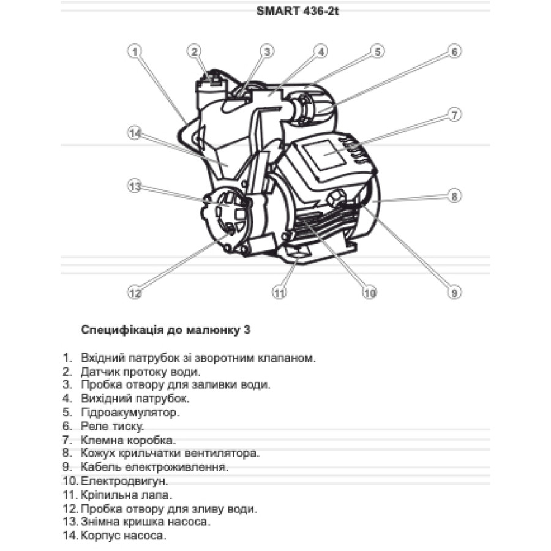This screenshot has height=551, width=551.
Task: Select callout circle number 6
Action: (x=454, y=51)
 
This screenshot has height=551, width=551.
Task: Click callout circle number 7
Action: (x=454, y=114)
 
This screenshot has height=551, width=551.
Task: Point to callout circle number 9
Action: (x=454, y=293)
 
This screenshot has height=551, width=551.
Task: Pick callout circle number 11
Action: (x=279, y=293)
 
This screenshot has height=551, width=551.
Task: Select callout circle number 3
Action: (x=266, y=51)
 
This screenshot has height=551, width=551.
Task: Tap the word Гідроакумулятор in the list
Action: (x=130, y=412)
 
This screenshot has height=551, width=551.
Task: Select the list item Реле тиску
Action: (x=111, y=425)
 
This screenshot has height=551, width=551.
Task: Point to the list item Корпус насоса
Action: (x=123, y=536)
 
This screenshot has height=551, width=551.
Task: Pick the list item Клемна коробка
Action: (x=128, y=440)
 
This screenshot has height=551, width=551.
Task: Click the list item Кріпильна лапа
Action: (x=126, y=495)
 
